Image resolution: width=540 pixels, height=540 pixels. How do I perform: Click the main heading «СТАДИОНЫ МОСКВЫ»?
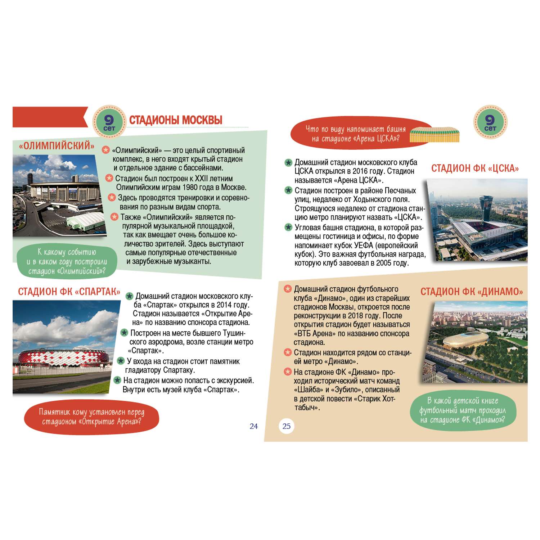tap(176, 120)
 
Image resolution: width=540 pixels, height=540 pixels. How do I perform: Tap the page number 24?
tap(254, 426)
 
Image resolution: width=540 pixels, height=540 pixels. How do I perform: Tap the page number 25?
tap(287, 426)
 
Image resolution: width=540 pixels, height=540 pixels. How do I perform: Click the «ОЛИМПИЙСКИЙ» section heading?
tap(57, 146)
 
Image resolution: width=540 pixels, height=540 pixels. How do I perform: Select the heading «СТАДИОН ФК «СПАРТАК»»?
tap(69, 292)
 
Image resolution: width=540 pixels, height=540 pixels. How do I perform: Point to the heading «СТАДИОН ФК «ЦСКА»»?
tap(475, 168)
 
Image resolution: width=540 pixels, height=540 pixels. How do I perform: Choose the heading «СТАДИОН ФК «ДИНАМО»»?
tap(472, 292)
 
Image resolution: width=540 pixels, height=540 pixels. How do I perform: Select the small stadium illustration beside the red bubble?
tap(435, 135)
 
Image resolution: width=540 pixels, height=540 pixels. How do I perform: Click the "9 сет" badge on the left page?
tap(109, 122)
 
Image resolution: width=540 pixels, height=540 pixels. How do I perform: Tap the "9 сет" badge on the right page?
tap(490, 122)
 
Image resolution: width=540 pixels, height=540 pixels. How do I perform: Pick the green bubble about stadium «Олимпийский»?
tap(67, 262)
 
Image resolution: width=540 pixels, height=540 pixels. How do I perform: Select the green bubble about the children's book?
tap(463, 410)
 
